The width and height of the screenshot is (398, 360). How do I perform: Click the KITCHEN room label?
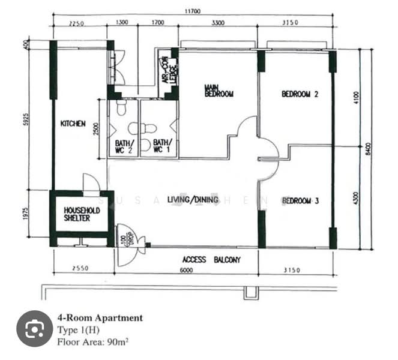73,124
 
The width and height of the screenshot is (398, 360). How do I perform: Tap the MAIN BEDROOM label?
219,91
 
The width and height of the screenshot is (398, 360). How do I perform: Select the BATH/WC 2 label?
123,147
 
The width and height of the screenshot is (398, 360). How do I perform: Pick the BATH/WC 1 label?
161,147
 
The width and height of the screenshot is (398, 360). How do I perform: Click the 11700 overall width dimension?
194,11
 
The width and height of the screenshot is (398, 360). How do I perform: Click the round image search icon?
34,328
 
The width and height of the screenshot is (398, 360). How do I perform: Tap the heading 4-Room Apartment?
100,318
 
